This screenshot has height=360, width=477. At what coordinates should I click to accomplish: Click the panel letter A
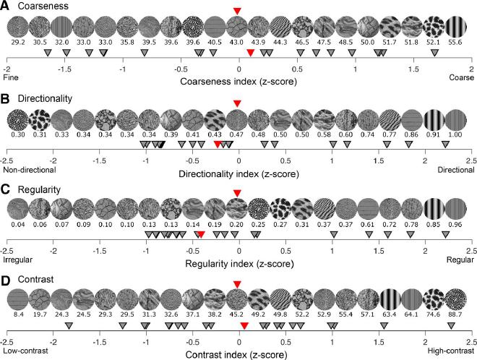(x=6, y=7)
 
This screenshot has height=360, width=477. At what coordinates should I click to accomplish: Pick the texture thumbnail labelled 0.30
(x=17, y=118)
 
